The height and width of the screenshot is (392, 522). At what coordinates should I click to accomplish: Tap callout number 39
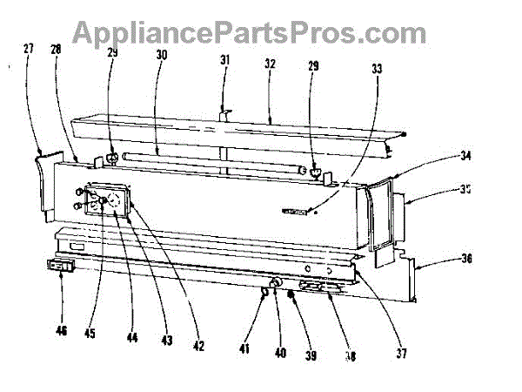pyautogui.click(x=309, y=357)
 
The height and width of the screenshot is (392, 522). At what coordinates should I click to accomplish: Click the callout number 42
pyautogui.click(x=198, y=348)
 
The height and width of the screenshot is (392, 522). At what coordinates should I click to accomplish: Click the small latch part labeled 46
pyautogui.click(x=58, y=263)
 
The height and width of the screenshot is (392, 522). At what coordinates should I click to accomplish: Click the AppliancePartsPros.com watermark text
pyautogui.click(x=249, y=32)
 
